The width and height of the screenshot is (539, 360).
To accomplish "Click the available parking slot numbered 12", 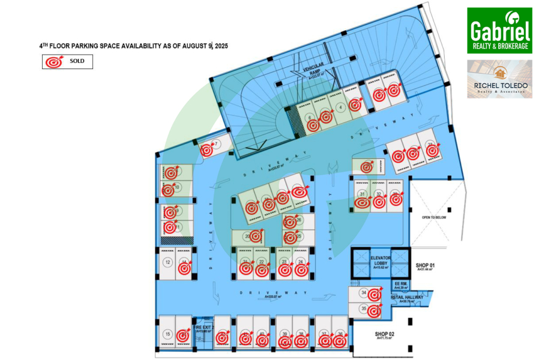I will [x=167, y=263].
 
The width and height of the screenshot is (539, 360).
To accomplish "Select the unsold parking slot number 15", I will [x=167, y=334].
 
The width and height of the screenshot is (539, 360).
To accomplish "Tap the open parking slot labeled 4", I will [x=340, y=107].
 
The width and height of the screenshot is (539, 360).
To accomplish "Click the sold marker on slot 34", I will [x=375, y=295].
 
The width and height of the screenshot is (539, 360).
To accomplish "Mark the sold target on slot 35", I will [x=374, y=311].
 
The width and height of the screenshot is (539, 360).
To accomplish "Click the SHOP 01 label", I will [x=424, y=266].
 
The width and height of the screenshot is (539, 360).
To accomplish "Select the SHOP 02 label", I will [x=384, y=335].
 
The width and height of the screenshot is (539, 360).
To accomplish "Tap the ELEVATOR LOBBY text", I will [x=381, y=262].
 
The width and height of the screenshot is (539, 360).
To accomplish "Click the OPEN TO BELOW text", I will [x=433, y=217].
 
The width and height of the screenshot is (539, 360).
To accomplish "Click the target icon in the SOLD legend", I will [x=55, y=61].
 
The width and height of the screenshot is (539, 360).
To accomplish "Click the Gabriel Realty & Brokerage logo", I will [x=499, y=30].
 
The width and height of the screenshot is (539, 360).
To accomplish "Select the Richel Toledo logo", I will [x=499, y=79].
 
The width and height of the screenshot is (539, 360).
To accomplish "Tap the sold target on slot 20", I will [x=255, y=236].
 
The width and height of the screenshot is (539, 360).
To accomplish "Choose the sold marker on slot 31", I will [x=362, y=202].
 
